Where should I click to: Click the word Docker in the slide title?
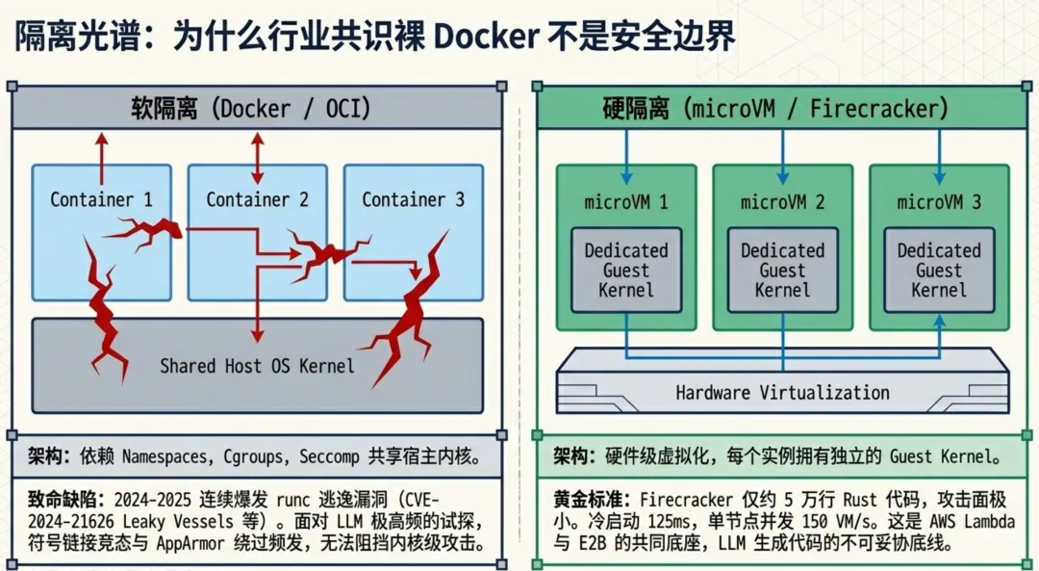tap(486, 38)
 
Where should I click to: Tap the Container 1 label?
tap(101, 199)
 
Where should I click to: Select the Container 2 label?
tap(257, 199)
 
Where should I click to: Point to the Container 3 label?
tap(413, 199)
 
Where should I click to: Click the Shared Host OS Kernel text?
tap(257, 366)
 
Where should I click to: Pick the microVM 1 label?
tap(626, 202)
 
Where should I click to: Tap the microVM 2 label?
tap(782, 202)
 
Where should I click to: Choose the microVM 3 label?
tap(939, 202)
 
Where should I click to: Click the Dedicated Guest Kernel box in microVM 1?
tap(626, 271)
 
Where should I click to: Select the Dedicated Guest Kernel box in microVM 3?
tap(939, 271)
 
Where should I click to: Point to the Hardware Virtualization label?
tap(782, 393)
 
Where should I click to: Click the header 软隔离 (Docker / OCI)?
tap(250, 109)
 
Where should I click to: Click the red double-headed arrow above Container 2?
tap(257, 158)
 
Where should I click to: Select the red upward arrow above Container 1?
tap(101, 158)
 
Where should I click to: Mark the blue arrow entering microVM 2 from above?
tap(782, 157)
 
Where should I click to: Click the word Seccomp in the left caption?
tap(329, 457)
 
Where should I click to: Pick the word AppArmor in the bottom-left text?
tap(189, 544)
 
